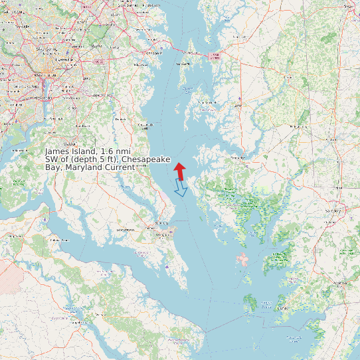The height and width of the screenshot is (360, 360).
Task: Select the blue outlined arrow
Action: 180,189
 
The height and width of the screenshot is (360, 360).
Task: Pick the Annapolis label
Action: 153,52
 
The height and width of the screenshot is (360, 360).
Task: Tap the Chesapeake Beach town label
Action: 145,124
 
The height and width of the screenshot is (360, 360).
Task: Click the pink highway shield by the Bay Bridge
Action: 214,56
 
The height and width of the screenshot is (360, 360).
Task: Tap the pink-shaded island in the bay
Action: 242,259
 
